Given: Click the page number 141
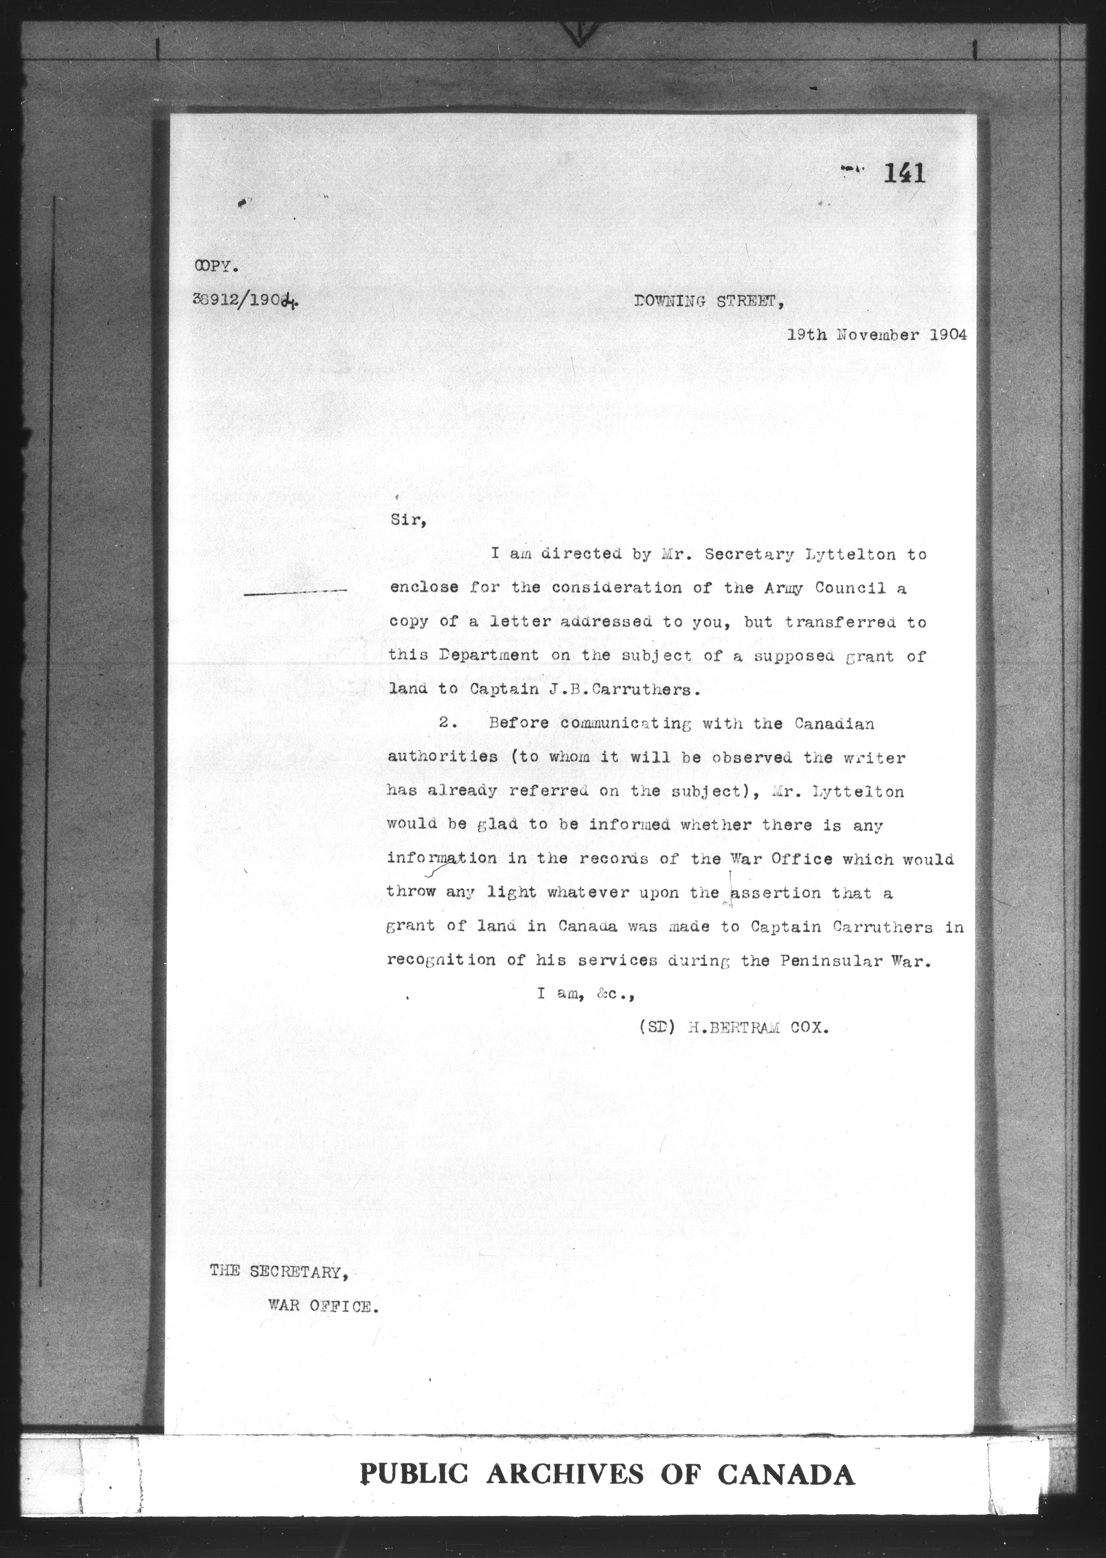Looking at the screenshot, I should point(904,175).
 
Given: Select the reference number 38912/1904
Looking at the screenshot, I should point(245,302).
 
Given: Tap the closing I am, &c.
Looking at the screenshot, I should point(586,994).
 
